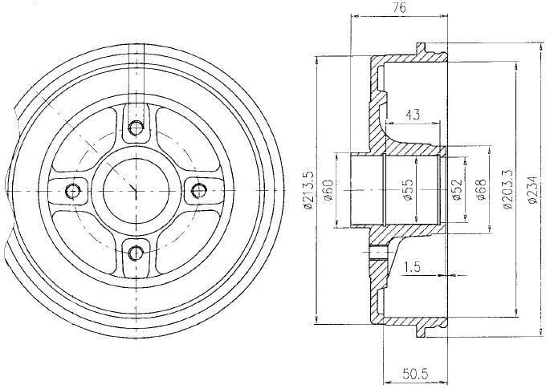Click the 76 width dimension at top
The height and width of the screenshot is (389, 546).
(x=400, y=8)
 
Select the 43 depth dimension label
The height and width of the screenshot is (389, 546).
(x=413, y=115)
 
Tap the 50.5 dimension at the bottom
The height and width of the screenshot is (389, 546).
(x=415, y=374)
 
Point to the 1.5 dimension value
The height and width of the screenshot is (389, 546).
(x=412, y=267)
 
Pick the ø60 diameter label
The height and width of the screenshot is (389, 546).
(x=328, y=190)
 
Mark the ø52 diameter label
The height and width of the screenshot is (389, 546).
(x=456, y=190)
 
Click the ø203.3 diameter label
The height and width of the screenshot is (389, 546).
(x=507, y=189)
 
